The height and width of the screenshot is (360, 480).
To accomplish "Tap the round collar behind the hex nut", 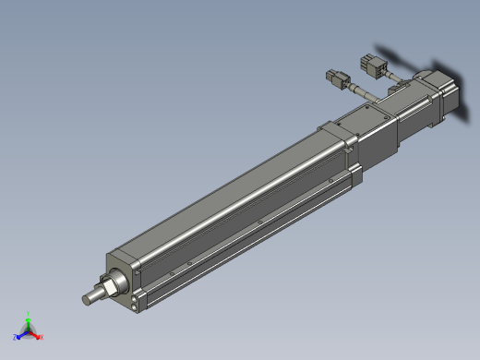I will (117, 279).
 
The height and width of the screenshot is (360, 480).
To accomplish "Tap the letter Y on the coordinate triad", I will (29, 312).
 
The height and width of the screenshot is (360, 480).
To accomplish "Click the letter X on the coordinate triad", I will (42, 338).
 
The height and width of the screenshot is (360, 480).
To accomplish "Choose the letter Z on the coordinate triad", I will (15, 338).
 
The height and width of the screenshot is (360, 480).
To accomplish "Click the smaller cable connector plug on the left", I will (336, 77).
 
